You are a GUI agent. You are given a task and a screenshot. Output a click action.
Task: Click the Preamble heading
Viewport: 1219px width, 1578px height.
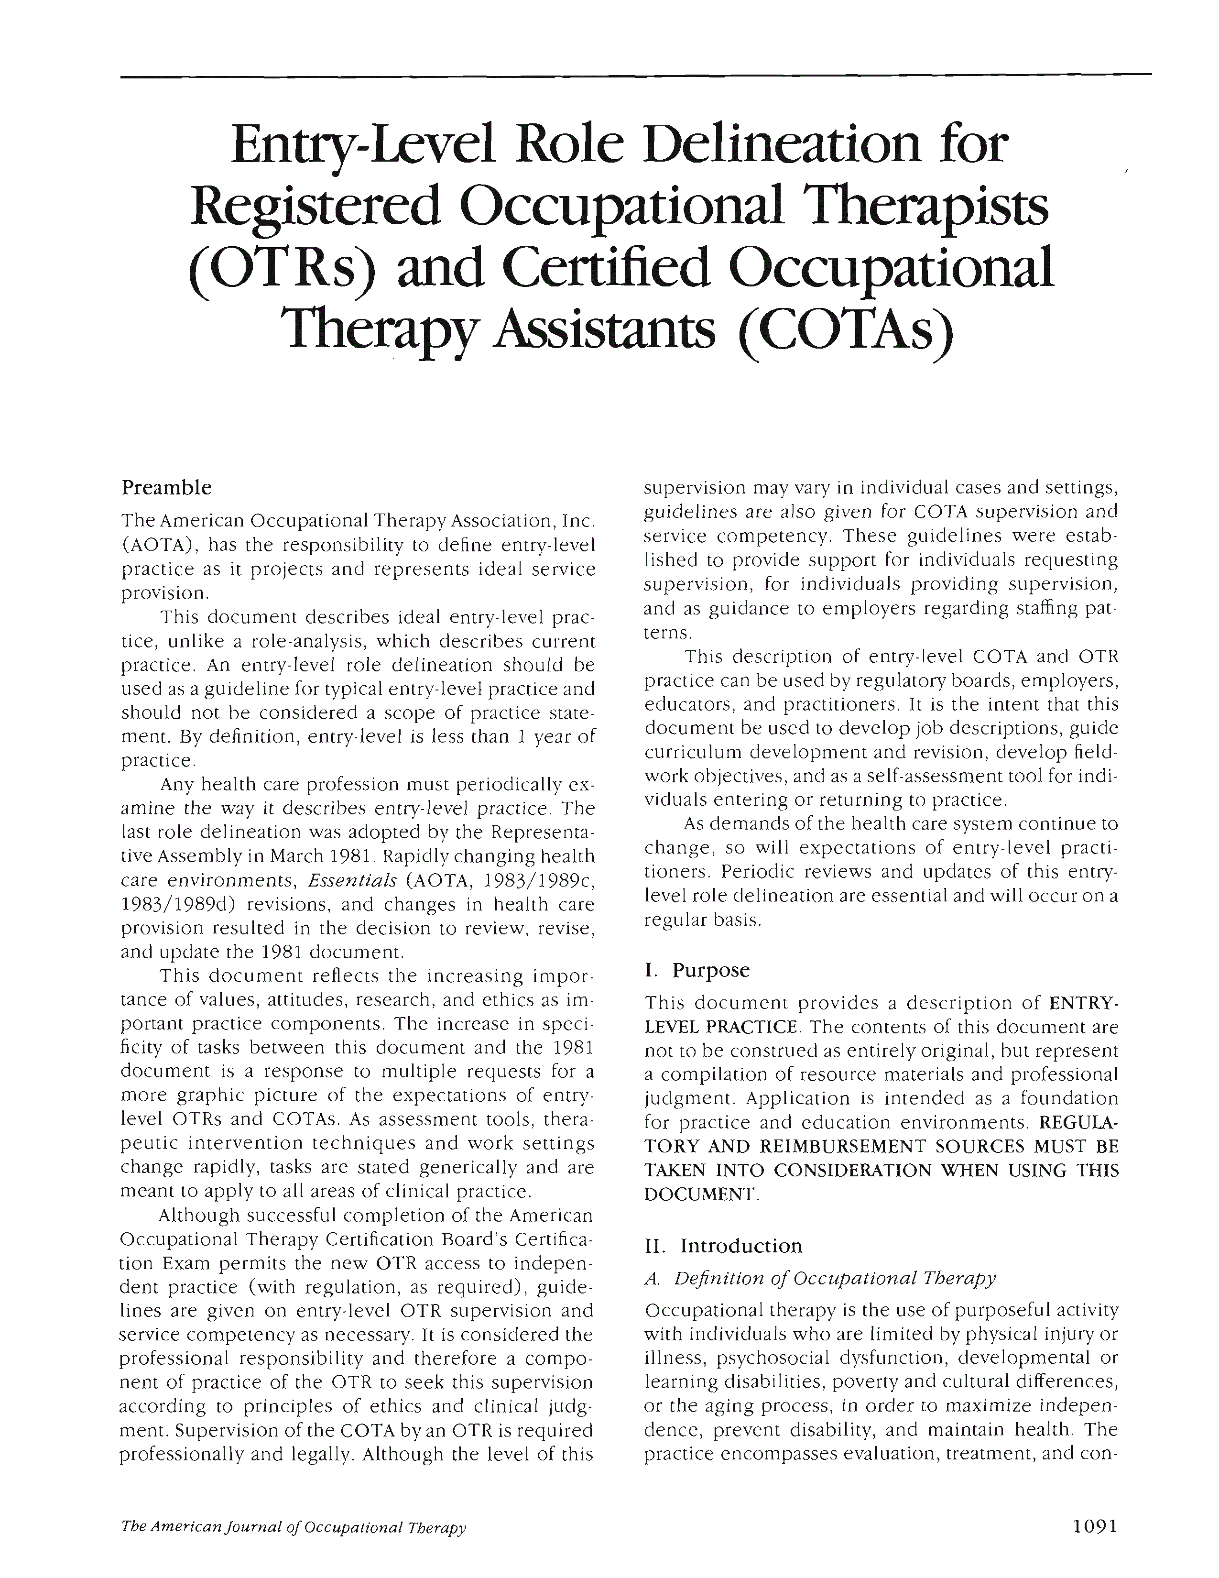click(x=166, y=488)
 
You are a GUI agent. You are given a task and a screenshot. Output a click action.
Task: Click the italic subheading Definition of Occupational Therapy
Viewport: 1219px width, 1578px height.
click(x=835, y=1277)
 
